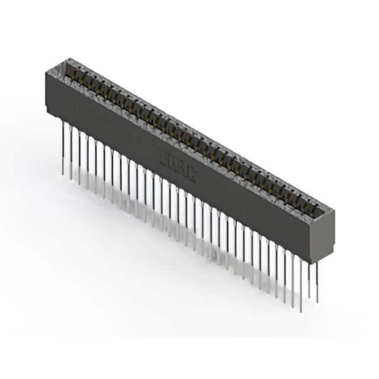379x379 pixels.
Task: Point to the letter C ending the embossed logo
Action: pos(191,175)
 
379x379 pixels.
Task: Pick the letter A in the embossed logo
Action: pos(182,169)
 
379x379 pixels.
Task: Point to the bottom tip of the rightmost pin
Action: pos(317,302)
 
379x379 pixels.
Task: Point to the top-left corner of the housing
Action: pos(46,71)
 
